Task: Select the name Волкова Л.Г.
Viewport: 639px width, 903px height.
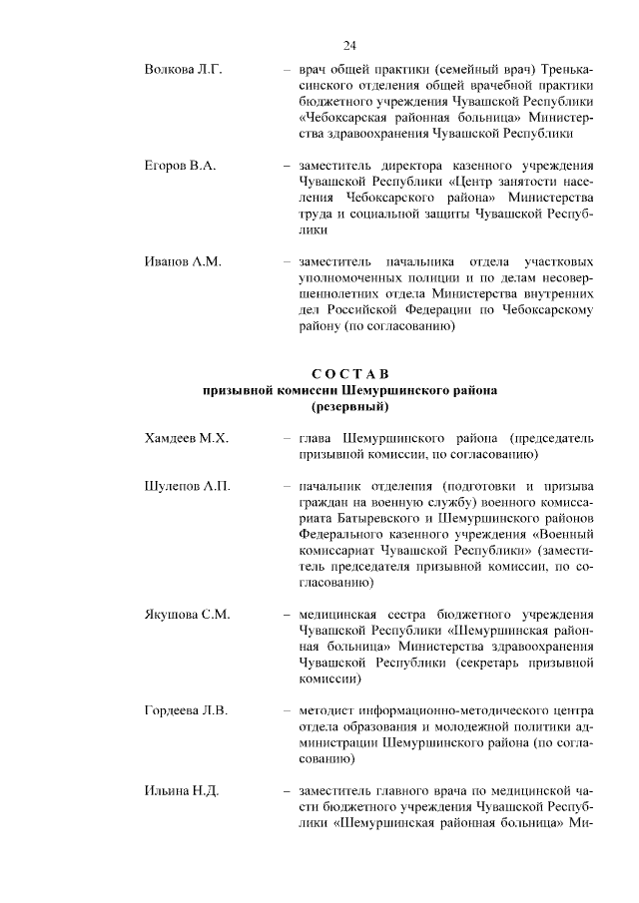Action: tap(182, 70)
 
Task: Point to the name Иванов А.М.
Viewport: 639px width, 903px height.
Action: tap(182, 261)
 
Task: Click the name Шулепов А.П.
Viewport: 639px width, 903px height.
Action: tap(188, 486)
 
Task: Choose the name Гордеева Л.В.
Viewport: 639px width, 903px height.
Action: tap(187, 710)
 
